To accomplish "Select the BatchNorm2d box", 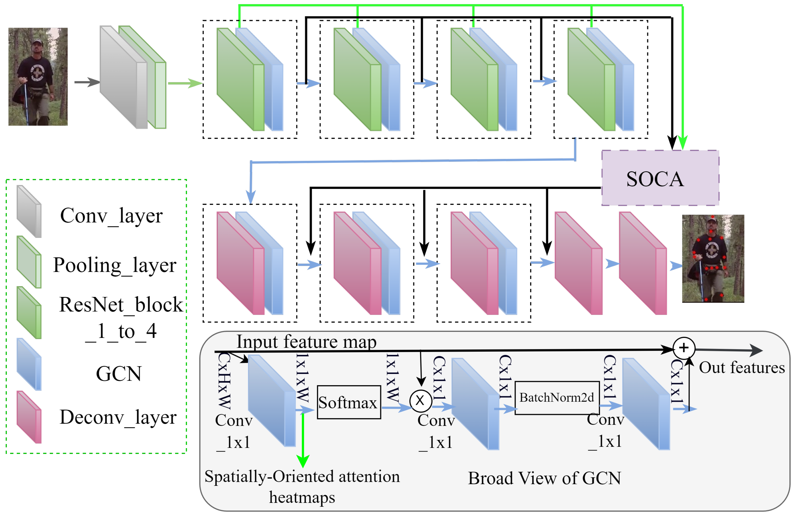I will click(557, 398).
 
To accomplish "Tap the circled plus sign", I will click(684, 348).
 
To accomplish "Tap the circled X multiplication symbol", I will click(420, 400).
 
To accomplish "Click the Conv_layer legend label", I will click(111, 216).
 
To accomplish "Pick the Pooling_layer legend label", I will click(114, 265).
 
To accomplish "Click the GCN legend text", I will click(119, 374).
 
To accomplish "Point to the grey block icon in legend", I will click(29, 212).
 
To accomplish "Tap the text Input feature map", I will click(306, 342).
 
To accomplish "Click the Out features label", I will click(741, 367).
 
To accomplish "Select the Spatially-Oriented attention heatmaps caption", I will click(302, 486).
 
